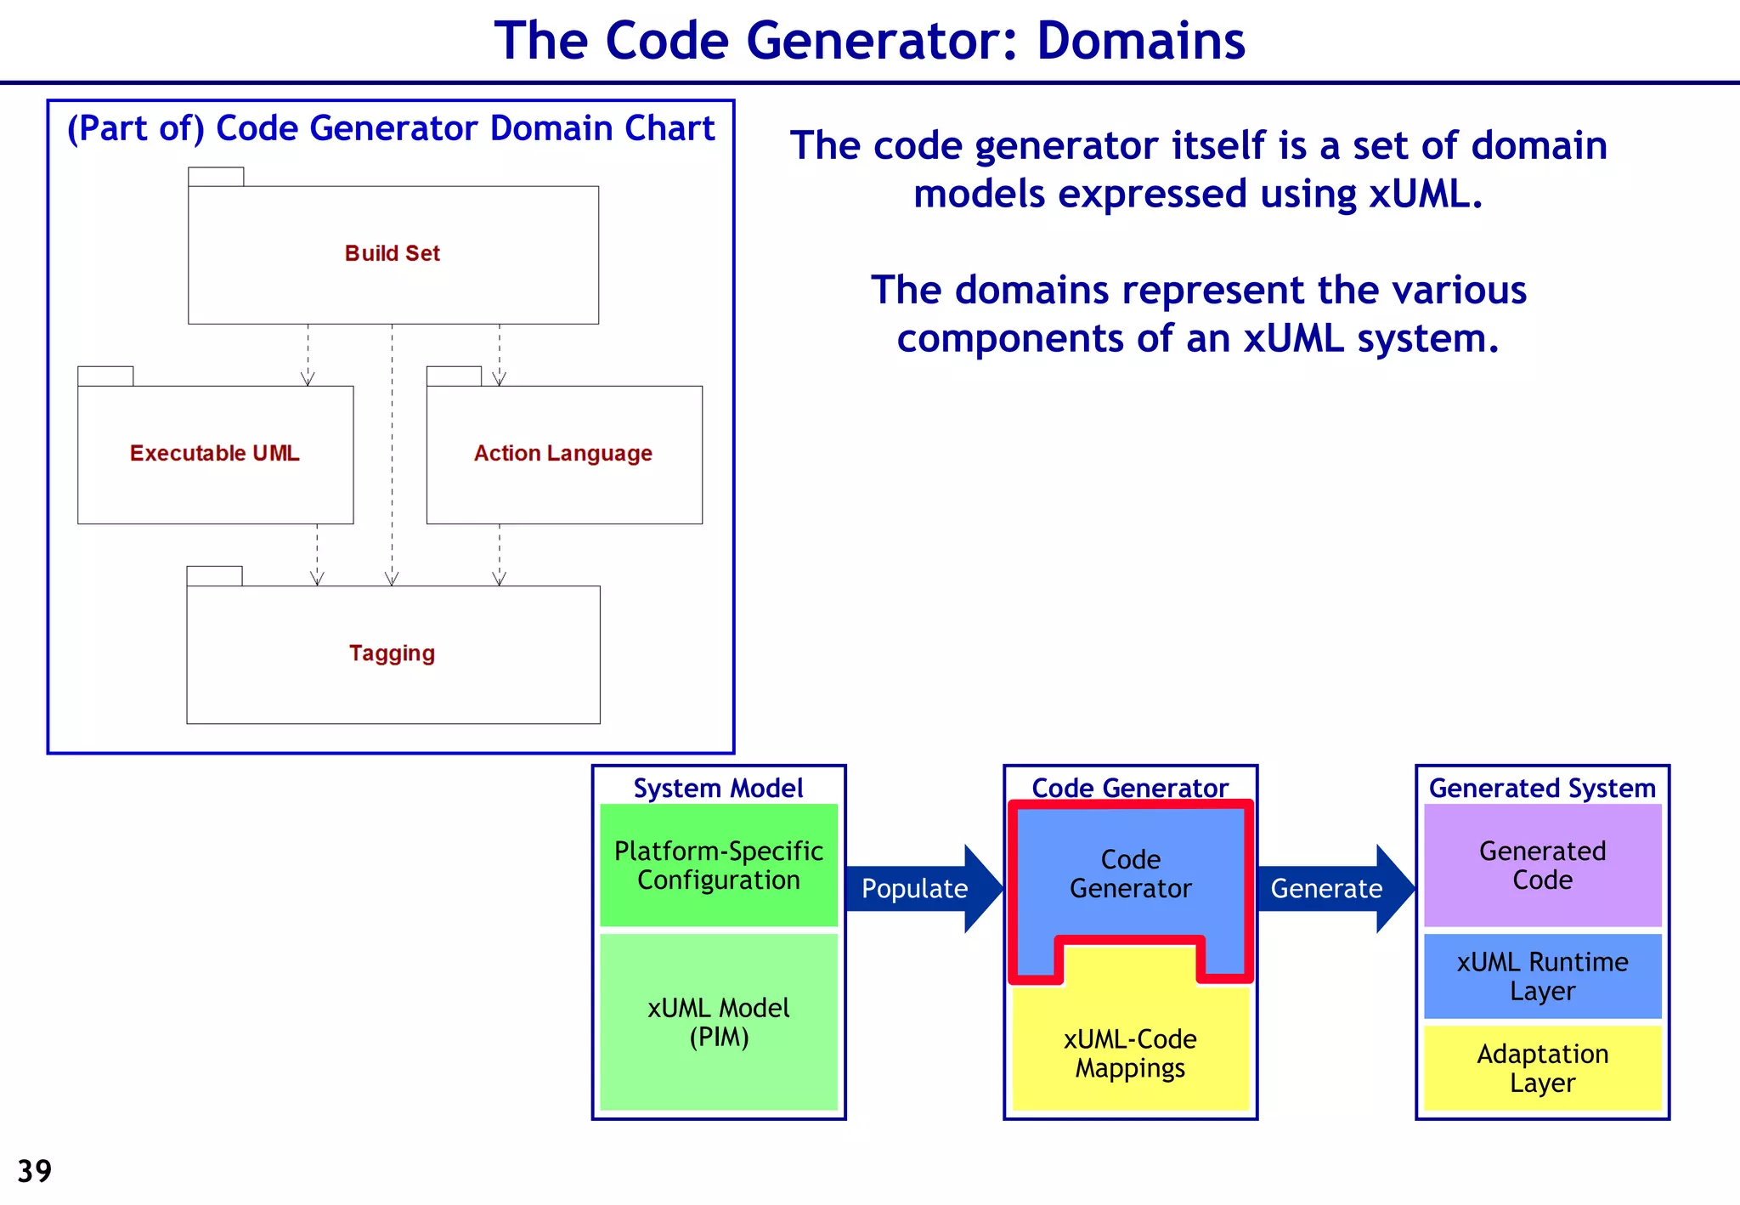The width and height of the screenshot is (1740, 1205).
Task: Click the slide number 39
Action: [34, 1171]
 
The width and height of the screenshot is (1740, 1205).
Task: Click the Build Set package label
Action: [392, 253]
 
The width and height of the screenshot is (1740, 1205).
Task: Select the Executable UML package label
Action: [214, 453]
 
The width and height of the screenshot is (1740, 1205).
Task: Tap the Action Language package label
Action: [562, 453]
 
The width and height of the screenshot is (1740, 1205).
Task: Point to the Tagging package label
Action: [392, 653]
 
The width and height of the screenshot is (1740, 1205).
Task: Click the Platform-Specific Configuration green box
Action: [719, 865]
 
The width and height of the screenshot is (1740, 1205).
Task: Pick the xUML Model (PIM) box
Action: [719, 1022]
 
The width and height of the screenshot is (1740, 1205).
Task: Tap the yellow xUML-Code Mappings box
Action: [1130, 1054]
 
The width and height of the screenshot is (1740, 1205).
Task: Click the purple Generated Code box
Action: [1542, 865]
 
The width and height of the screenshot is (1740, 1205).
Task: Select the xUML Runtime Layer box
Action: [1542, 976]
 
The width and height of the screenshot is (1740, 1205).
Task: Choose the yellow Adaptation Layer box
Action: [1542, 1067]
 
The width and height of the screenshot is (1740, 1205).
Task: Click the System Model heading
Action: [718, 788]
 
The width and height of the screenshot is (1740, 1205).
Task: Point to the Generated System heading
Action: [1542, 788]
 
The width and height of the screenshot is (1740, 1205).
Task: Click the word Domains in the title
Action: [1140, 41]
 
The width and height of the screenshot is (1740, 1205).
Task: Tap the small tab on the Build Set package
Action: [216, 177]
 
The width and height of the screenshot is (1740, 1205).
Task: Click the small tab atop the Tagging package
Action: [214, 576]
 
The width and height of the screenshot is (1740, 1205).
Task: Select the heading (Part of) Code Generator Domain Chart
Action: [391, 128]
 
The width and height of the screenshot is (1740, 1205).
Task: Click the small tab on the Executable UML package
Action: [105, 376]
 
